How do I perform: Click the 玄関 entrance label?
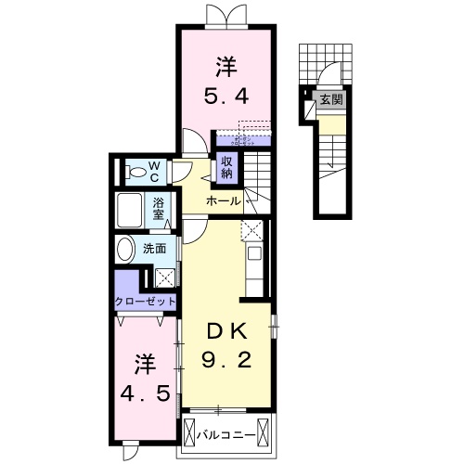[x=330, y=100]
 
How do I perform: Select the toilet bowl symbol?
[x=136, y=174]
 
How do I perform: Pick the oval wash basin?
[x=125, y=250]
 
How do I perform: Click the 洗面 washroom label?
[x=154, y=249]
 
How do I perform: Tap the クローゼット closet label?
[x=144, y=302]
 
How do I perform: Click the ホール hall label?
[x=223, y=201]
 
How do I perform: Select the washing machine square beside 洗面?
[x=163, y=277]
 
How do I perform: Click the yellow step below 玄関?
[x=330, y=122]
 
